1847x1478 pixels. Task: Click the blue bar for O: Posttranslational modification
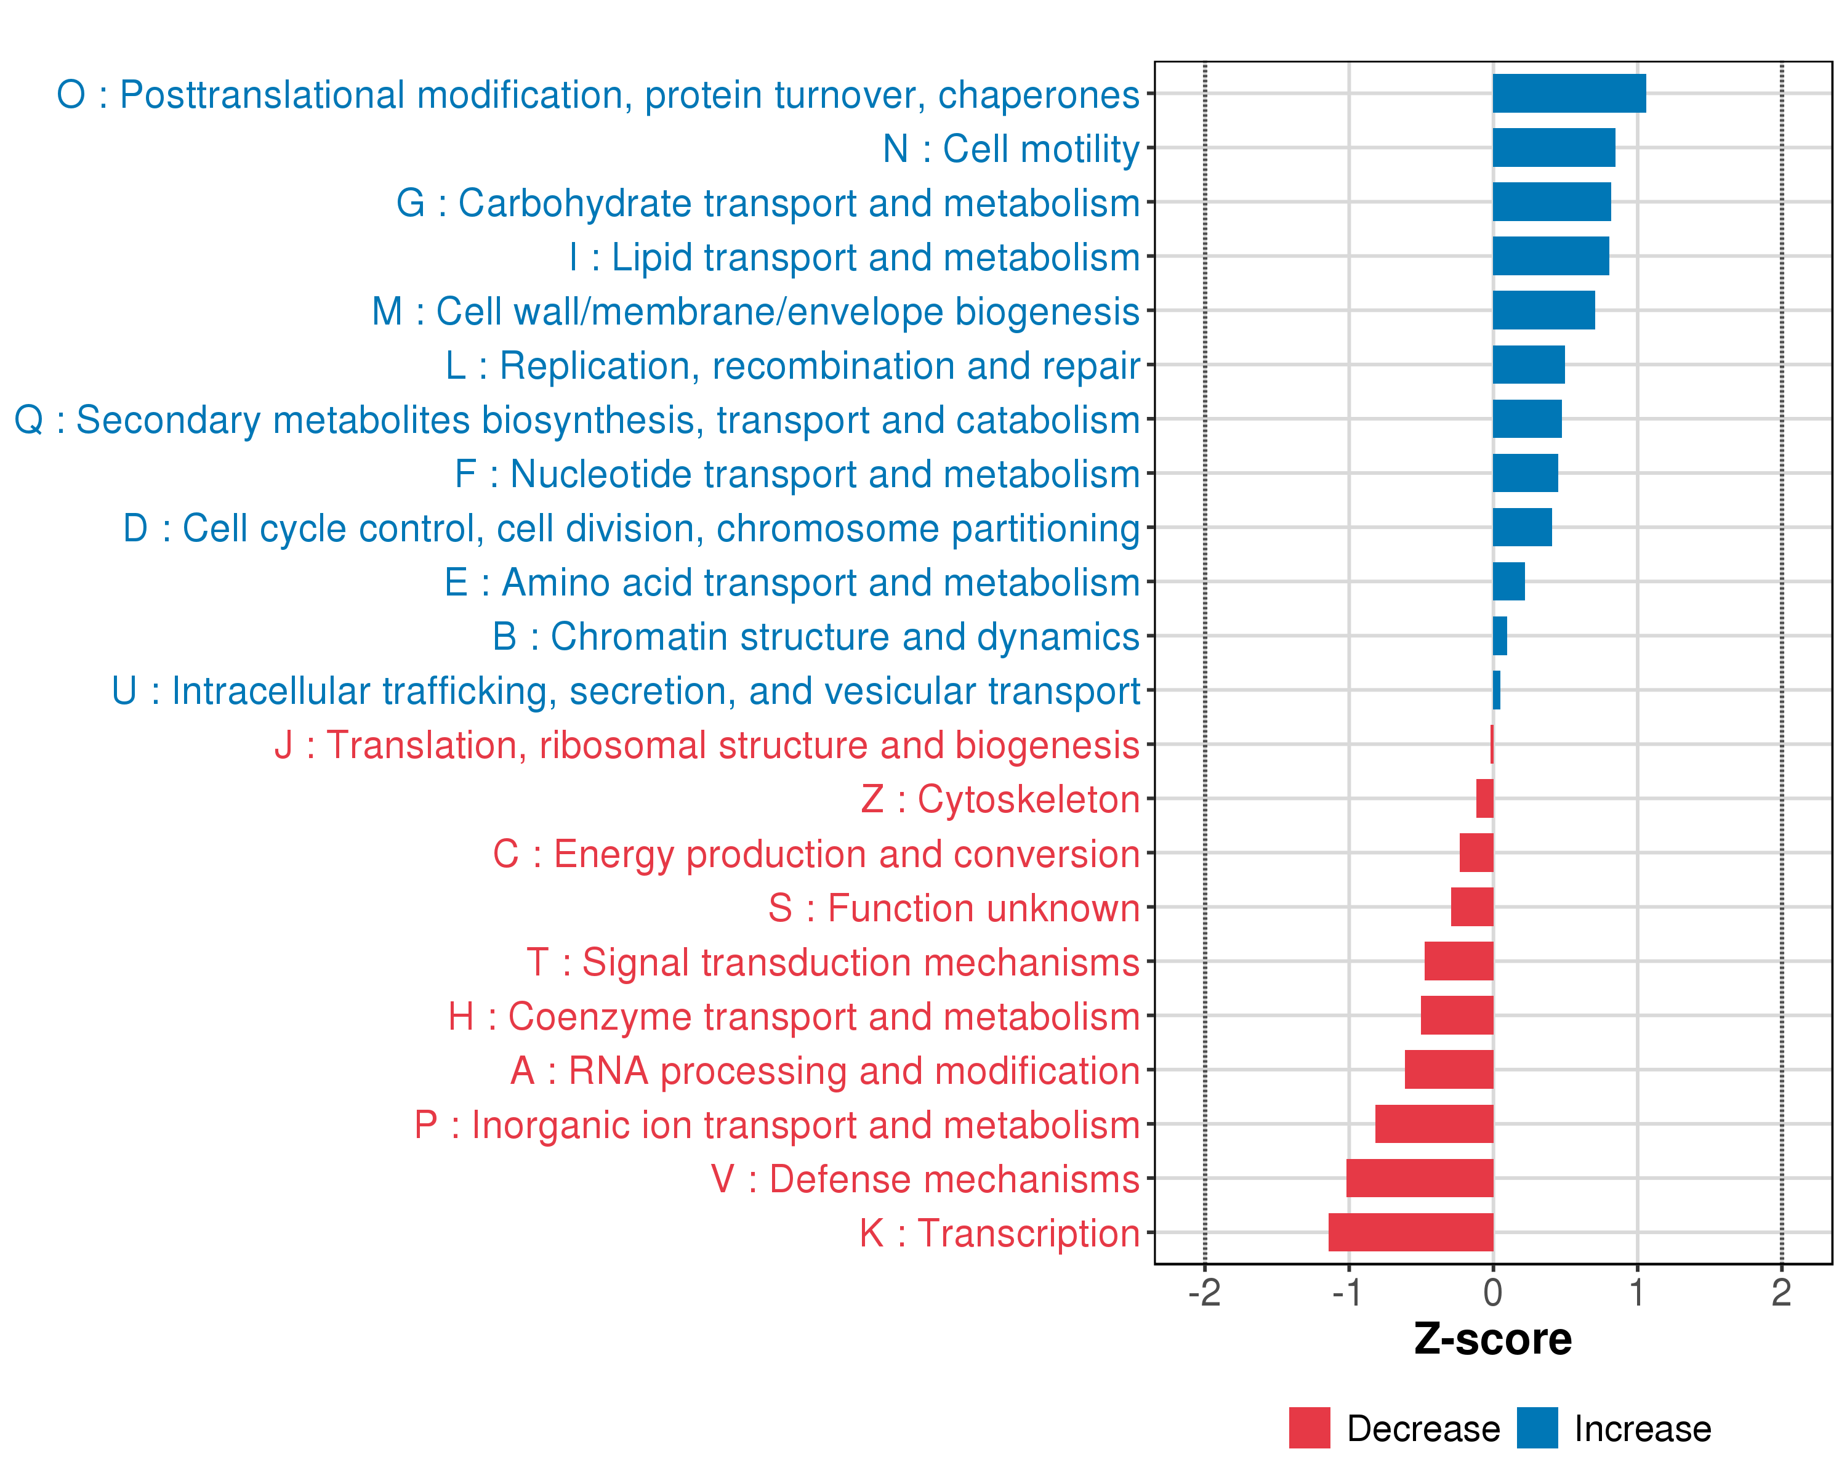1569,94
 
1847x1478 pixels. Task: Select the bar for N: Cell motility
1553,147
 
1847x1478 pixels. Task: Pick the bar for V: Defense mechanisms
1420,1178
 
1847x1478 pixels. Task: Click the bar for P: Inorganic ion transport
1434,1123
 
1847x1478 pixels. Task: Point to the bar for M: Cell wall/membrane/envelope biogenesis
1543,310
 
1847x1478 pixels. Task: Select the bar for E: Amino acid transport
1508,582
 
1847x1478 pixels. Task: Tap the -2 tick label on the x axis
1204,1293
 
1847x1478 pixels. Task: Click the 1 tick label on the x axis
1637,1293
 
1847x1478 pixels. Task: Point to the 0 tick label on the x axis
1492,1293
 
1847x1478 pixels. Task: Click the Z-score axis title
1492,1339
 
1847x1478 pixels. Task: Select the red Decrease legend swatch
1309,1428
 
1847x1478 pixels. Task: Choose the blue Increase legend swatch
1537,1428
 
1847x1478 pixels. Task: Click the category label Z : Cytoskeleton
1000,799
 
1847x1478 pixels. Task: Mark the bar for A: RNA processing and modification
1449,1069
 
